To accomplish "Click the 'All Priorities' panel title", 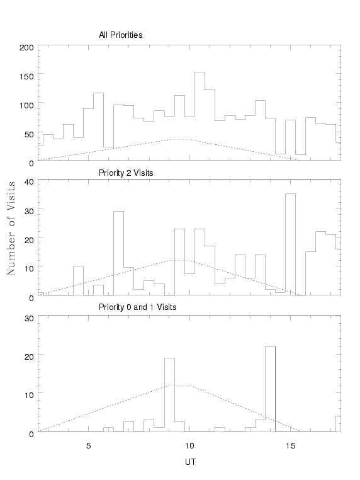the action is click(x=120, y=35).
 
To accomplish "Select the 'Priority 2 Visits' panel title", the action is click(x=126, y=173).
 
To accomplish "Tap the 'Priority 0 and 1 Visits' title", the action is click(x=137, y=307).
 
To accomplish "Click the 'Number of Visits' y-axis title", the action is click(x=11, y=228).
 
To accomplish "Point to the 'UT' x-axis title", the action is click(x=190, y=462).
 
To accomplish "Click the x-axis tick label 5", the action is click(x=88, y=446).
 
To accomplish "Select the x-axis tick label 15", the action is click(x=291, y=446).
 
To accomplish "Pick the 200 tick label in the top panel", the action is click(x=26, y=47).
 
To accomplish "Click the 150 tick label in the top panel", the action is click(x=26, y=76).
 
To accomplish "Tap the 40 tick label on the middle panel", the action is click(x=29, y=182).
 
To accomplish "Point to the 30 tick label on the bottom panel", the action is click(x=29, y=319).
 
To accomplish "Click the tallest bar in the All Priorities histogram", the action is click(x=200, y=116).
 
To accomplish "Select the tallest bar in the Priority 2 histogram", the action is click(x=290, y=244).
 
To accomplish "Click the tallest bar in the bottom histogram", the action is click(x=270, y=389).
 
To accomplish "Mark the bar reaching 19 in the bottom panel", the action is click(x=169, y=394).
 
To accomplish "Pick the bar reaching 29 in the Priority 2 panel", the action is click(x=119, y=253).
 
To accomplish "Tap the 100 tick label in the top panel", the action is click(x=26, y=106).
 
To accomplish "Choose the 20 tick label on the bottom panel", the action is click(x=29, y=357).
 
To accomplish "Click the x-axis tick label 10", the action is click(x=189, y=446).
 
